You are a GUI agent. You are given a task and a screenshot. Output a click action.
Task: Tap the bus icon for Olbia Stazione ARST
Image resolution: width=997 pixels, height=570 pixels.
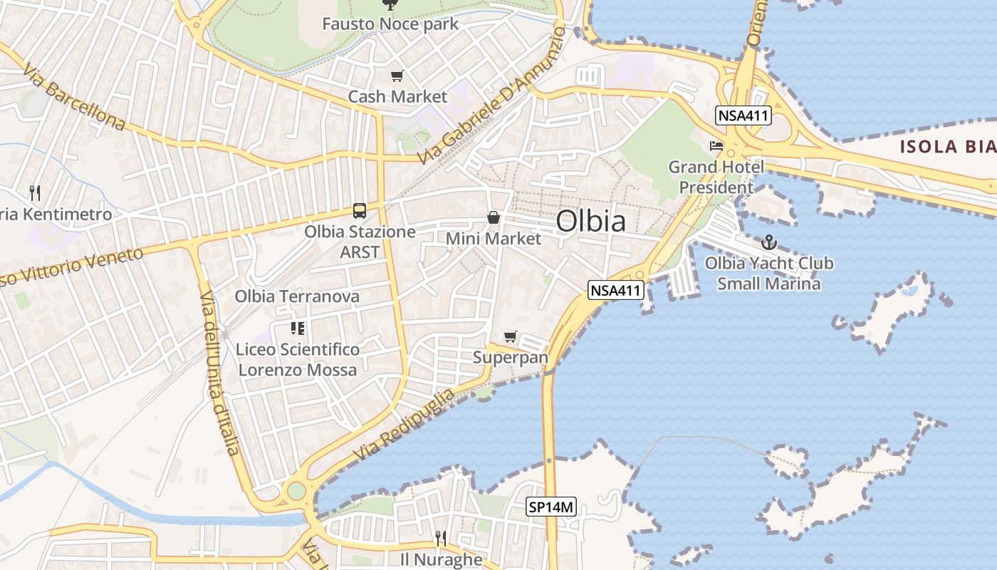click(360, 211)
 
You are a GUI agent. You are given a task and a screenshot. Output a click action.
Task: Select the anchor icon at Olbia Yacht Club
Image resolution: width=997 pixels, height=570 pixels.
click(768, 242)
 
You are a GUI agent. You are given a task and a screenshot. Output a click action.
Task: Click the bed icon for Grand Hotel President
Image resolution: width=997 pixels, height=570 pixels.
click(716, 146)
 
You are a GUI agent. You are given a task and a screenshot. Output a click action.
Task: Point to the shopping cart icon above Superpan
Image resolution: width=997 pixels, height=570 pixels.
click(510, 336)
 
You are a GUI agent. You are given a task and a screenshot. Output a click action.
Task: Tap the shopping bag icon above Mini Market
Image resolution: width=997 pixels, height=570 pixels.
click(493, 217)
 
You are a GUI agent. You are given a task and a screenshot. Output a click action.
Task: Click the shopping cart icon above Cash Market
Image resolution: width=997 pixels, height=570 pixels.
click(397, 76)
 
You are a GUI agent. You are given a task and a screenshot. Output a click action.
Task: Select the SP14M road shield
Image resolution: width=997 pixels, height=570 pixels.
click(551, 507)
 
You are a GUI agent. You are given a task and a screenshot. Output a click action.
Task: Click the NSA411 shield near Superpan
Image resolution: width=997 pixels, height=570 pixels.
click(616, 290)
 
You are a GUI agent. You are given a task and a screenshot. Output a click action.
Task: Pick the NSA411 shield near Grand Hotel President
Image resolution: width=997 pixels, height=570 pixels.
click(744, 115)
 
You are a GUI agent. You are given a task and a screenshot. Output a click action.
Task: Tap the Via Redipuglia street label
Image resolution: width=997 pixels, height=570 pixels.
click(404, 425)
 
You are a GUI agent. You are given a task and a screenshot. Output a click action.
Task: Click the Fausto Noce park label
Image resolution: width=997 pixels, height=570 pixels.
click(390, 24)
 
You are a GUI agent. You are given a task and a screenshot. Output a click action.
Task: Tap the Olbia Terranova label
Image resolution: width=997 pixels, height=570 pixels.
click(297, 296)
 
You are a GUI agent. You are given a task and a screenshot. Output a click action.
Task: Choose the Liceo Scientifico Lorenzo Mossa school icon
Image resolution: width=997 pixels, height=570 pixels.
click(298, 328)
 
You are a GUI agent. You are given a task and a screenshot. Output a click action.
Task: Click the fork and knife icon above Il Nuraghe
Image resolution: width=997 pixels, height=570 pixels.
click(441, 538)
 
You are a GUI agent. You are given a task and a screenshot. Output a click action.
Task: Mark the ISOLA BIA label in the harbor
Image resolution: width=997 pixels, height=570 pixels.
click(947, 147)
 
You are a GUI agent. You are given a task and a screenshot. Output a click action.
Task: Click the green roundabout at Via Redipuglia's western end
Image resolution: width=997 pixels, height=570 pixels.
click(295, 491)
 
